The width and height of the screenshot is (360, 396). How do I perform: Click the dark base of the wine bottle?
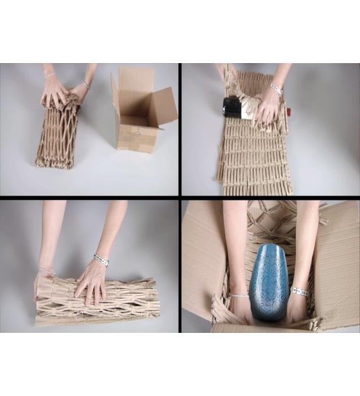pos(231,107)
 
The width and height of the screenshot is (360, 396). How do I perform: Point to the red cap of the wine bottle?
pos(287,112)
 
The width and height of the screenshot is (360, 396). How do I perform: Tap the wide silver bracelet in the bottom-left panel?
pos(101,260)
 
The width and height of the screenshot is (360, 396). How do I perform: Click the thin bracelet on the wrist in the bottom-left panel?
pos(46,271)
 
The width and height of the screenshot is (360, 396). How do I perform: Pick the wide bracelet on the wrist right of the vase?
pos(299,291)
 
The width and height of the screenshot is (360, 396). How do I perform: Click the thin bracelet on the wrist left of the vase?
pos(239,296)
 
